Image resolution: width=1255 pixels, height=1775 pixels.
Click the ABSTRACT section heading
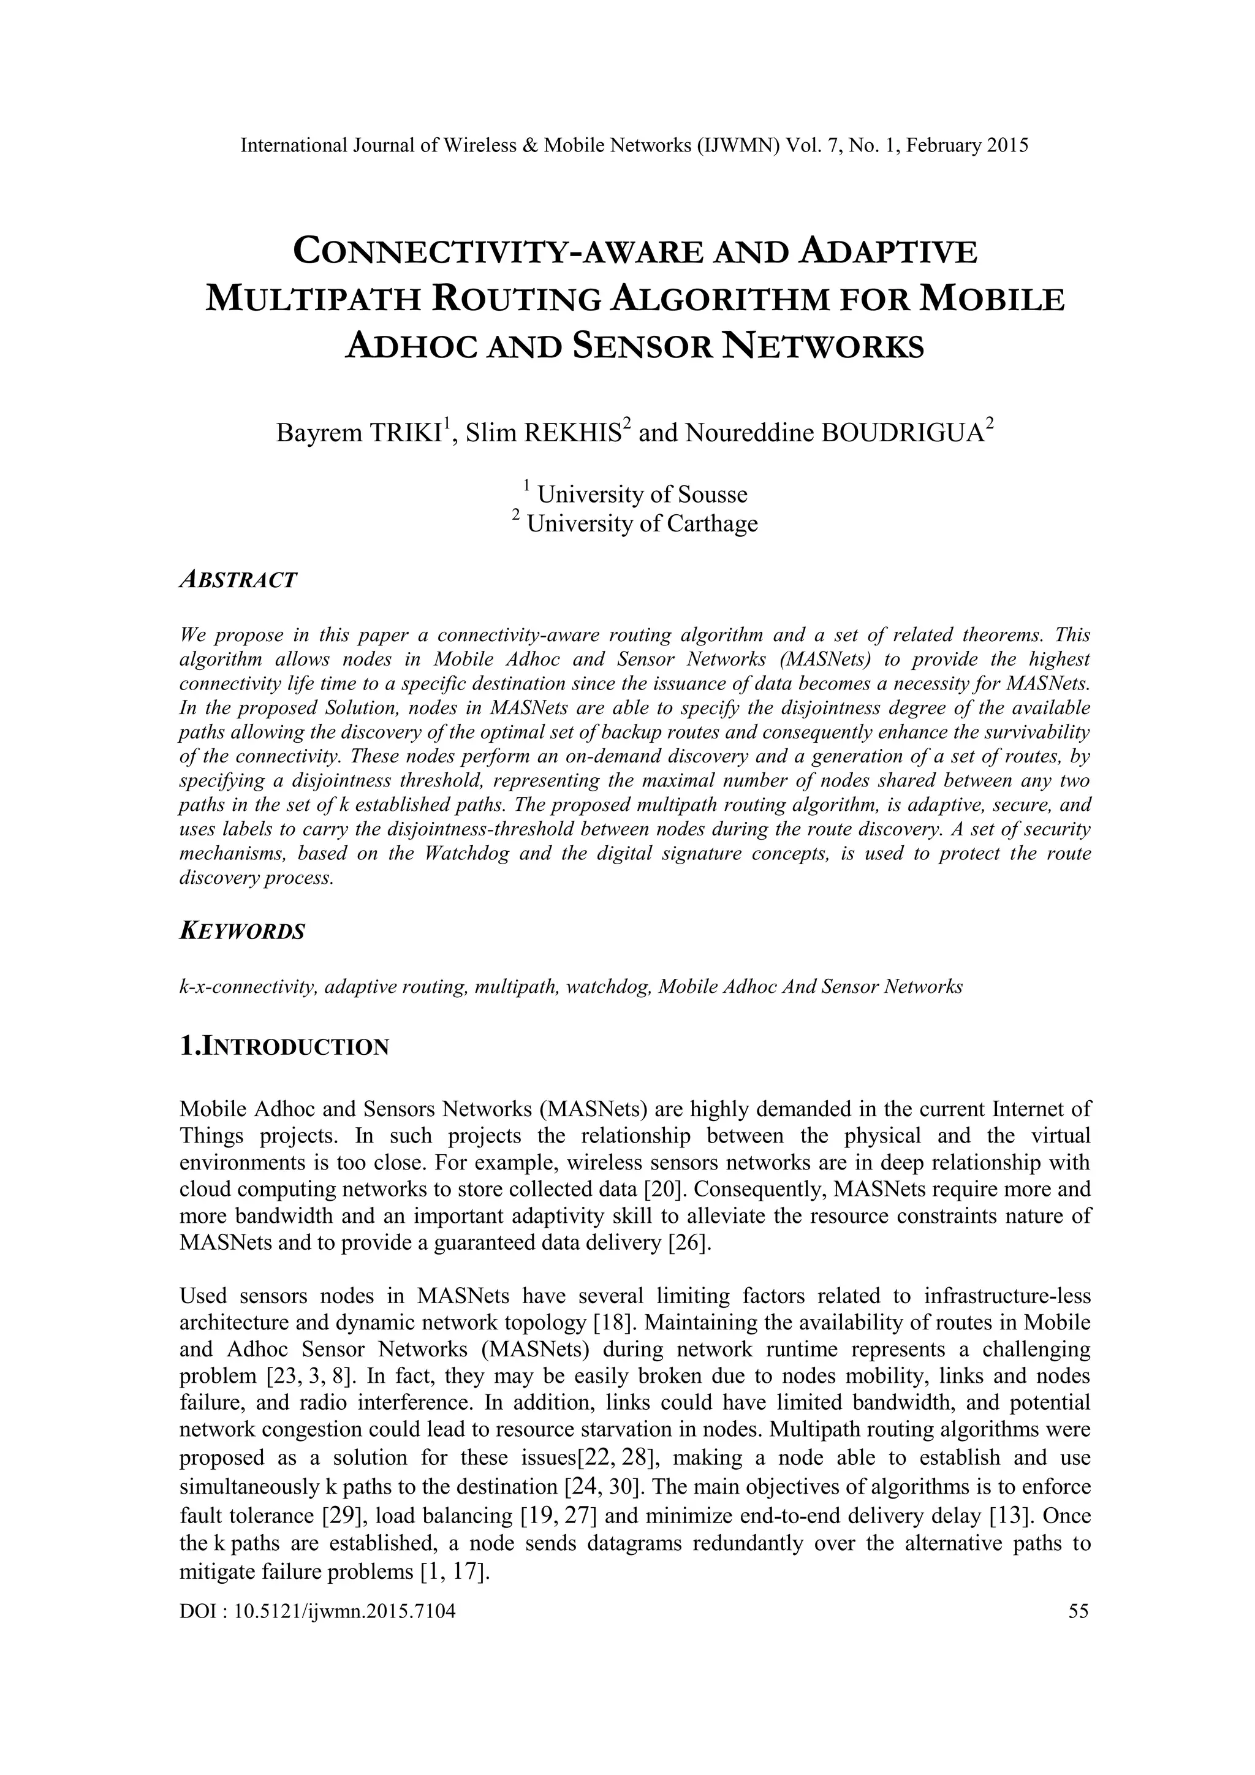click(x=237, y=580)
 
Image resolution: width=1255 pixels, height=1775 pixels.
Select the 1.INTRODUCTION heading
click(x=284, y=1047)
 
